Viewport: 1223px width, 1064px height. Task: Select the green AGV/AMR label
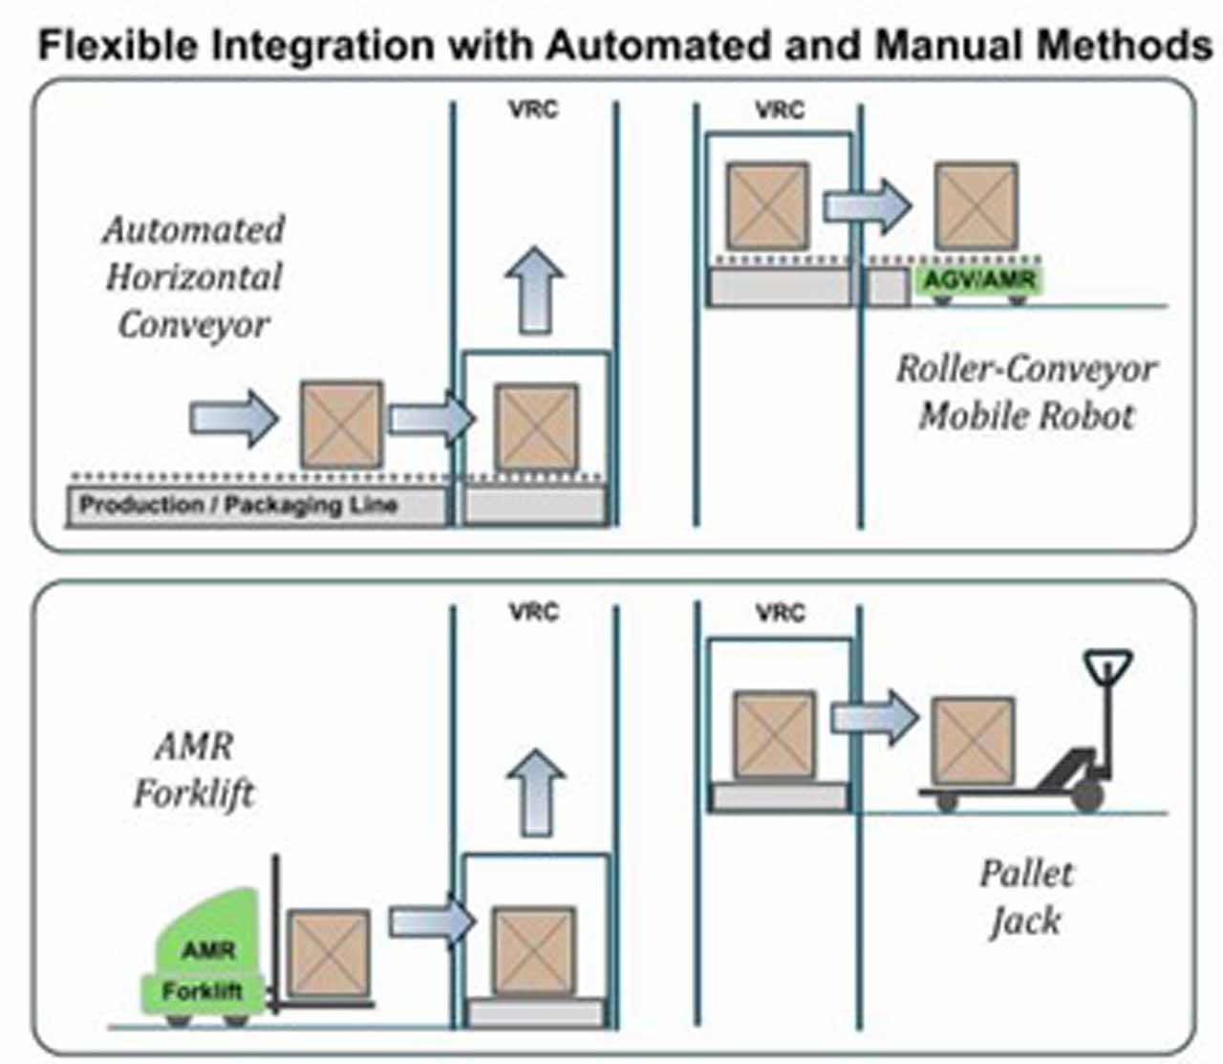tap(979, 279)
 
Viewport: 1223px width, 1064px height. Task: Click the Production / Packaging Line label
tap(238, 506)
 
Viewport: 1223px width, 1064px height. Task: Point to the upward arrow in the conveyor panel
tap(534, 290)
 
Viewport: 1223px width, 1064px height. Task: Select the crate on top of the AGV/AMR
tap(976, 206)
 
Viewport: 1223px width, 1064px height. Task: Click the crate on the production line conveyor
tap(341, 424)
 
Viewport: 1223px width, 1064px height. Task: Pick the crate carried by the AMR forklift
tap(329, 953)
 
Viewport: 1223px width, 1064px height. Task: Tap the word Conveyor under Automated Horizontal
tap(194, 326)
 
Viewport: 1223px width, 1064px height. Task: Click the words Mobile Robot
tap(1026, 416)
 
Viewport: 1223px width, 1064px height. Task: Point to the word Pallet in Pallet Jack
tap(1026, 874)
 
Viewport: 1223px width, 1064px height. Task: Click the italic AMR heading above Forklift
tap(194, 747)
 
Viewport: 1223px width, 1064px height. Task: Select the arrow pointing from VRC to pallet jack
tap(874, 717)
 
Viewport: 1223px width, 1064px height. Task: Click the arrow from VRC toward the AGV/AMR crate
tap(868, 206)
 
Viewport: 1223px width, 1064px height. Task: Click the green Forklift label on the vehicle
tap(202, 990)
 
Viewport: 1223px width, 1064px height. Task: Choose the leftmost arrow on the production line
tap(234, 419)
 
